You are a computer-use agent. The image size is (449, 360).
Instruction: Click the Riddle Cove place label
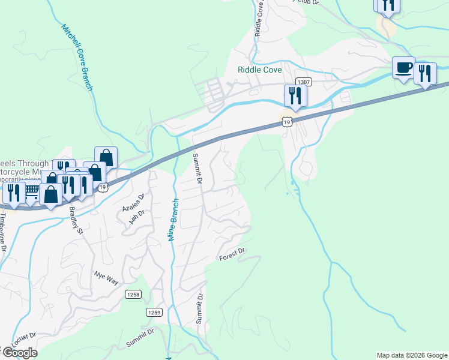click(x=260, y=70)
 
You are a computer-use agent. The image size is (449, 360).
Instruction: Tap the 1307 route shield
click(x=303, y=82)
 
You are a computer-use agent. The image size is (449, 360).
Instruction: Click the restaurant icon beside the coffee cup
click(x=425, y=74)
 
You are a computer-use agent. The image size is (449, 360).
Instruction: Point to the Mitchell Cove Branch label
click(x=77, y=58)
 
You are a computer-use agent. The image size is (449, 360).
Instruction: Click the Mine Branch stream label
click(x=173, y=220)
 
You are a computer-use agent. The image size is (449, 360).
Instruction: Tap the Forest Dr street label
click(x=233, y=254)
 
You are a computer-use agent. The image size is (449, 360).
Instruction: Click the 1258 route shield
click(x=133, y=294)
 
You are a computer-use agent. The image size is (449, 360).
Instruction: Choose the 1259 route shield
click(x=154, y=312)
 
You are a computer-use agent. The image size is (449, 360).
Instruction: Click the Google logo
click(x=19, y=353)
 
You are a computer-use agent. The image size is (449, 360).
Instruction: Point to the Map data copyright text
click(x=411, y=355)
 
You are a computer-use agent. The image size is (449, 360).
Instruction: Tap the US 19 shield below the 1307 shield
click(x=288, y=122)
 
